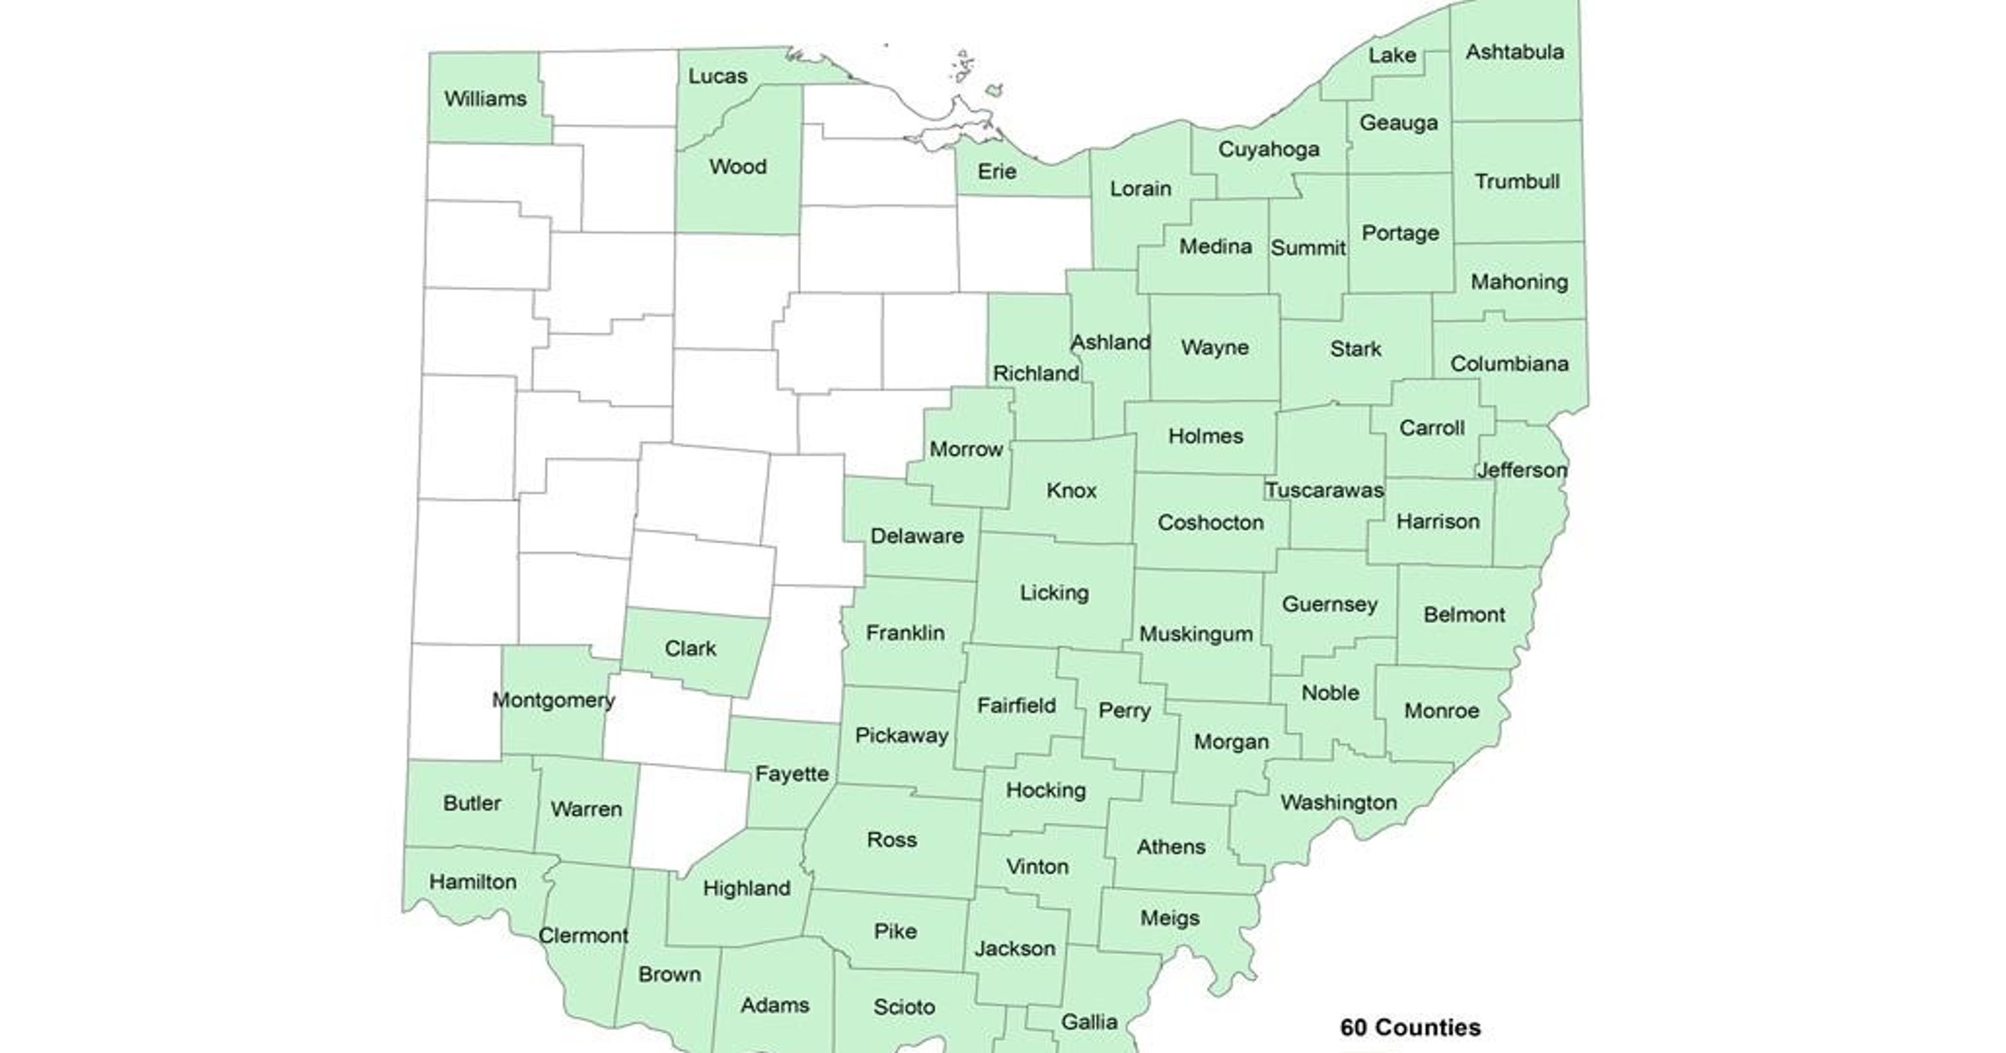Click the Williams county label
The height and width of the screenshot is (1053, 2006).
coord(485,99)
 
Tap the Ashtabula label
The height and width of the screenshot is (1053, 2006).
coord(1515,52)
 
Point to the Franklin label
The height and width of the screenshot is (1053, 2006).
coord(905,632)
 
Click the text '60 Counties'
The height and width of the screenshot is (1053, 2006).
coord(1410,1027)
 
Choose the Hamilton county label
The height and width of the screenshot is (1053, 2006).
coord(473,882)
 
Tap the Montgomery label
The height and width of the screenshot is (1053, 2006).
coord(554,700)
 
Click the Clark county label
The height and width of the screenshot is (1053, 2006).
coord(690,649)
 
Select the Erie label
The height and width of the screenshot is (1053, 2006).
coord(997,171)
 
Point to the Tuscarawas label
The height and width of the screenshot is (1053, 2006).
coord(1324,490)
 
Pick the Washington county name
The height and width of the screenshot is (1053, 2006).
coord(1338,802)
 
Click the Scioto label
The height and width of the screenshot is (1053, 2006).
coord(903,1007)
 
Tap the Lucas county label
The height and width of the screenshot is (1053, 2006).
coord(717,76)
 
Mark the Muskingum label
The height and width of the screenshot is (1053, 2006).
coord(1196,634)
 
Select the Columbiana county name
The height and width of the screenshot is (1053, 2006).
coord(1509,364)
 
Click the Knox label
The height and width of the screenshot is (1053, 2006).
coord(1071,491)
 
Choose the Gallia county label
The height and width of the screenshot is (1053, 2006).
coord(1089,1022)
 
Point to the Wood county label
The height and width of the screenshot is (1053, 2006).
coord(737,167)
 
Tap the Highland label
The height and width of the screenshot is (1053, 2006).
coord(746,888)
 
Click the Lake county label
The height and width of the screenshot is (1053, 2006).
coord(1392,55)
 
